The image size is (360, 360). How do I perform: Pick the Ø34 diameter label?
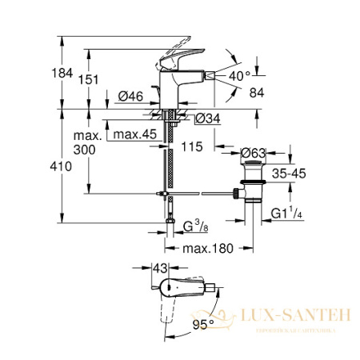pos(206,120)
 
